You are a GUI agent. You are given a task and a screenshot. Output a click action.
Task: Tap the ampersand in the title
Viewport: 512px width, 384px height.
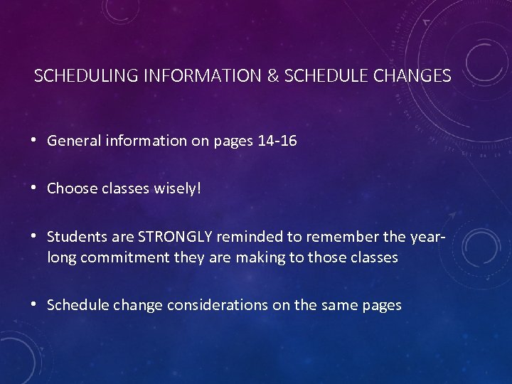tap(272, 76)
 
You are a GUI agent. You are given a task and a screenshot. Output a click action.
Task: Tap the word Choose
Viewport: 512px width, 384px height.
tap(72, 188)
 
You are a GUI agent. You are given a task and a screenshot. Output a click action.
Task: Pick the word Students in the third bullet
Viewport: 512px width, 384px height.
tap(76, 237)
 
